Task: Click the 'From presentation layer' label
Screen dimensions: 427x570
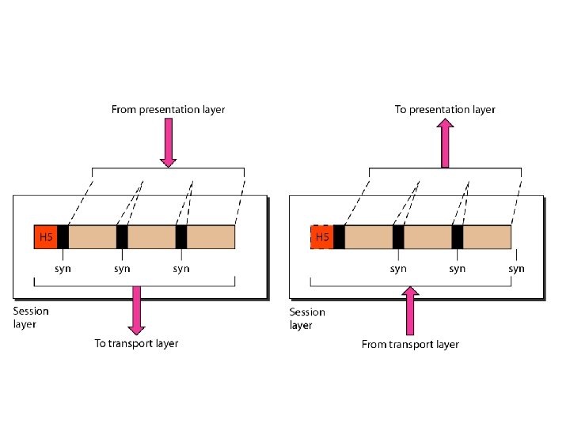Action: point(167,110)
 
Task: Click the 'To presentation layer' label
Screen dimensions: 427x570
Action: point(445,110)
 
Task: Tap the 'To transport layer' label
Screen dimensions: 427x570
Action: point(136,343)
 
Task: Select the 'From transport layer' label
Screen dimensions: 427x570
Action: point(410,344)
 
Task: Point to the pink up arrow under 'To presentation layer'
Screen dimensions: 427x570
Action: point(445,143)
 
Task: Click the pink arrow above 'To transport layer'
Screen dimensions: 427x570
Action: point(136,309)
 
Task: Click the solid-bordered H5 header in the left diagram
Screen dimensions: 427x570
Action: point(46,237)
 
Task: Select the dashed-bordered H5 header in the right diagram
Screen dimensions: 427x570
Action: point(322,237)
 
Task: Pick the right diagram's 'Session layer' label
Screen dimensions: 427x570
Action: point(306,318)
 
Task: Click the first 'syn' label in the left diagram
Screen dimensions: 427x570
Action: point(63,268)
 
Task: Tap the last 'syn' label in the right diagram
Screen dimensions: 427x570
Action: point(516,268)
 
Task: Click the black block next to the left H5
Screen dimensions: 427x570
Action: point(63,237)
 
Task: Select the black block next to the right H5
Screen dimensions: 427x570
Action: point(339,237)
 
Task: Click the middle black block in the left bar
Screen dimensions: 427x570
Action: point(122,237)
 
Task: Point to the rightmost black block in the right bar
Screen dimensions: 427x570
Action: point(457,237)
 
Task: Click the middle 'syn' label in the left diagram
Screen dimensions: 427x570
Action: point(122,268)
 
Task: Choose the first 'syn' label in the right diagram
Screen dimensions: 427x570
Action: point(398,268)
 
